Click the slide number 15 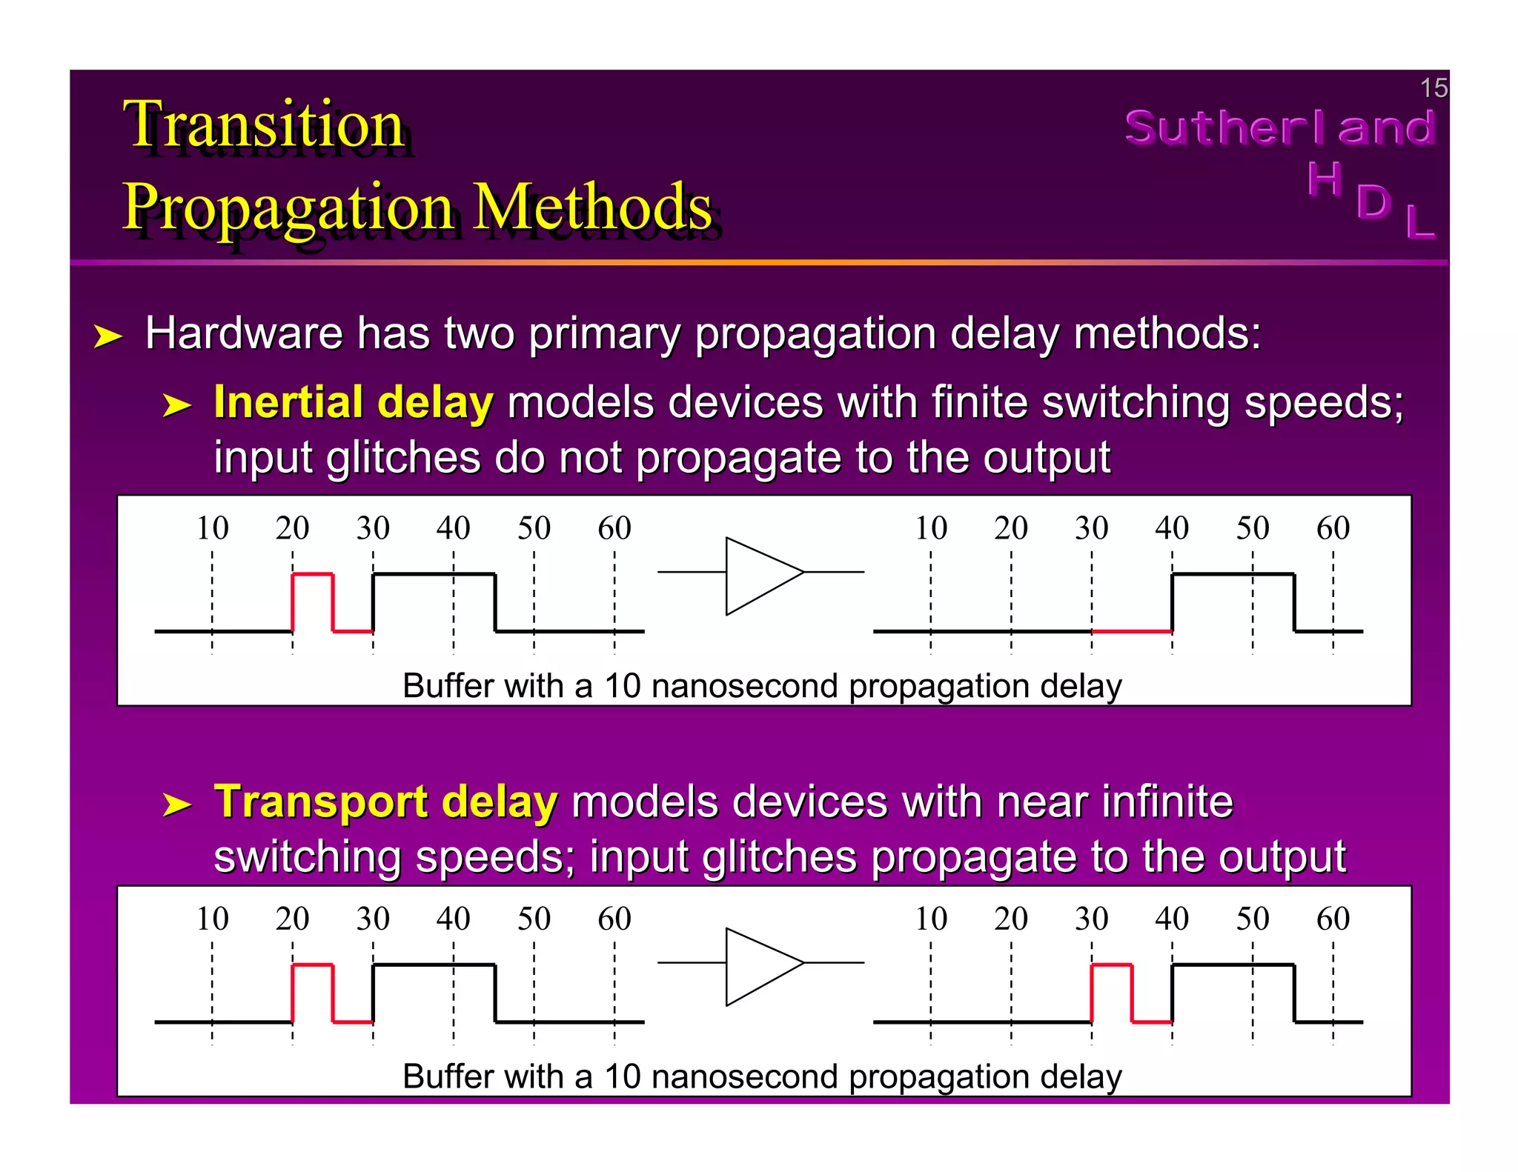1433,88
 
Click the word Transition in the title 264,124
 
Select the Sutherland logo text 1280,127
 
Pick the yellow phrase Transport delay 385,802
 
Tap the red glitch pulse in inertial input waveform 313,575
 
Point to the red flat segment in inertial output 1132,631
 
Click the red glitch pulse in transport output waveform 1112,965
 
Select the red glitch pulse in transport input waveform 313,965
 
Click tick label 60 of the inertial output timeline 1333,528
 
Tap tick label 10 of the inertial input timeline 212,528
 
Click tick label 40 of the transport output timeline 1172,919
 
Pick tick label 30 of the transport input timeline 373,919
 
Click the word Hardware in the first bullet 243,333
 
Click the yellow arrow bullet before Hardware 107,337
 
